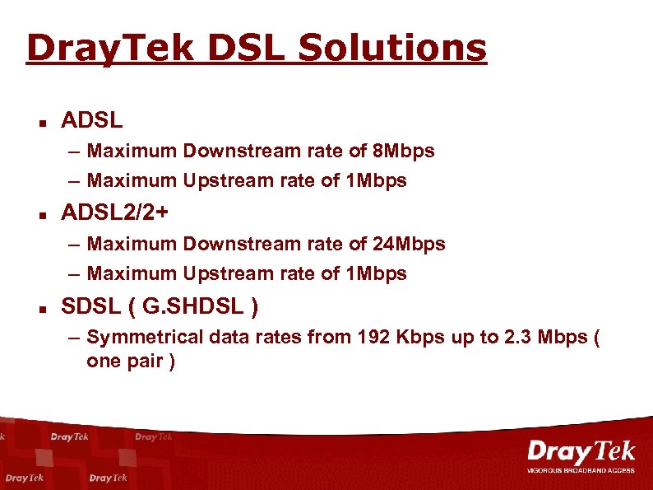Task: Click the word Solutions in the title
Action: click(392, 48)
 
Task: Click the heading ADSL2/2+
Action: click(116, 213)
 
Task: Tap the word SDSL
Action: click(90, 307)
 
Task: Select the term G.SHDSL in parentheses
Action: click(193, 307)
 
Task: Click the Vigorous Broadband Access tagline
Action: click(581, 470)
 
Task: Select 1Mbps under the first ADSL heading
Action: click(376, 180)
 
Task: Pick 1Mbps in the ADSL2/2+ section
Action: click(376, 273)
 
